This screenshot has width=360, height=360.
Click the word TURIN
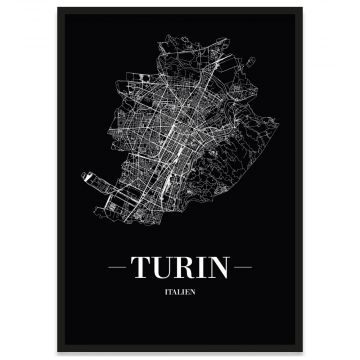point(179,269)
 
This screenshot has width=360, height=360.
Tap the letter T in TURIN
point(143,269)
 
